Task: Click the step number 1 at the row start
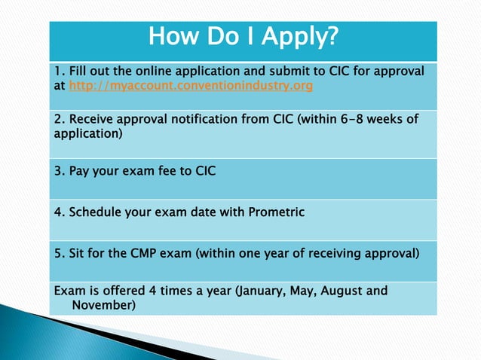tap(57, 72)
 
